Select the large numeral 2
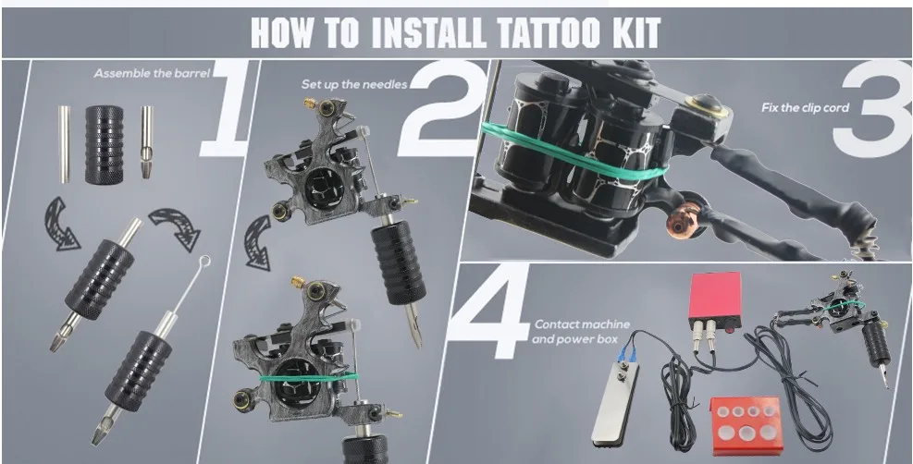442,107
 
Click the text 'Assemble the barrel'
152,74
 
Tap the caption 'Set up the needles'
354,84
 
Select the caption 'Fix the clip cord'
806,107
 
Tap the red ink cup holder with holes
746,425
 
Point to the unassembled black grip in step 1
104,145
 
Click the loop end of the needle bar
204,262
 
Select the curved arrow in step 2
258,242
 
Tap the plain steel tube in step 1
64,143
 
